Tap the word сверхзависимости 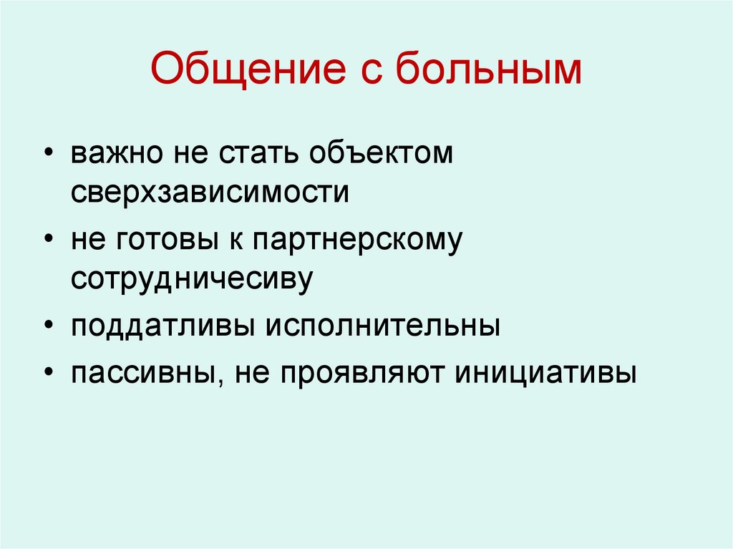[x=210, y=193]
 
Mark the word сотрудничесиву [x=192, y=278]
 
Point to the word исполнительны [x=383, y=326]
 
